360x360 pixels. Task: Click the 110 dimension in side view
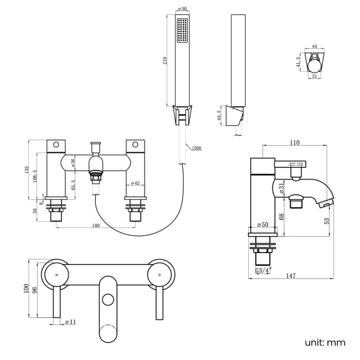[295, 142]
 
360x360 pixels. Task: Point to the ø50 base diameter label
[263, 225]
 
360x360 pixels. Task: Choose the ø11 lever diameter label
[70, 322]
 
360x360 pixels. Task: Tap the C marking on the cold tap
[160, 274]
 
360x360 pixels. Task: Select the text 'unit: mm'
[325, 342]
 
